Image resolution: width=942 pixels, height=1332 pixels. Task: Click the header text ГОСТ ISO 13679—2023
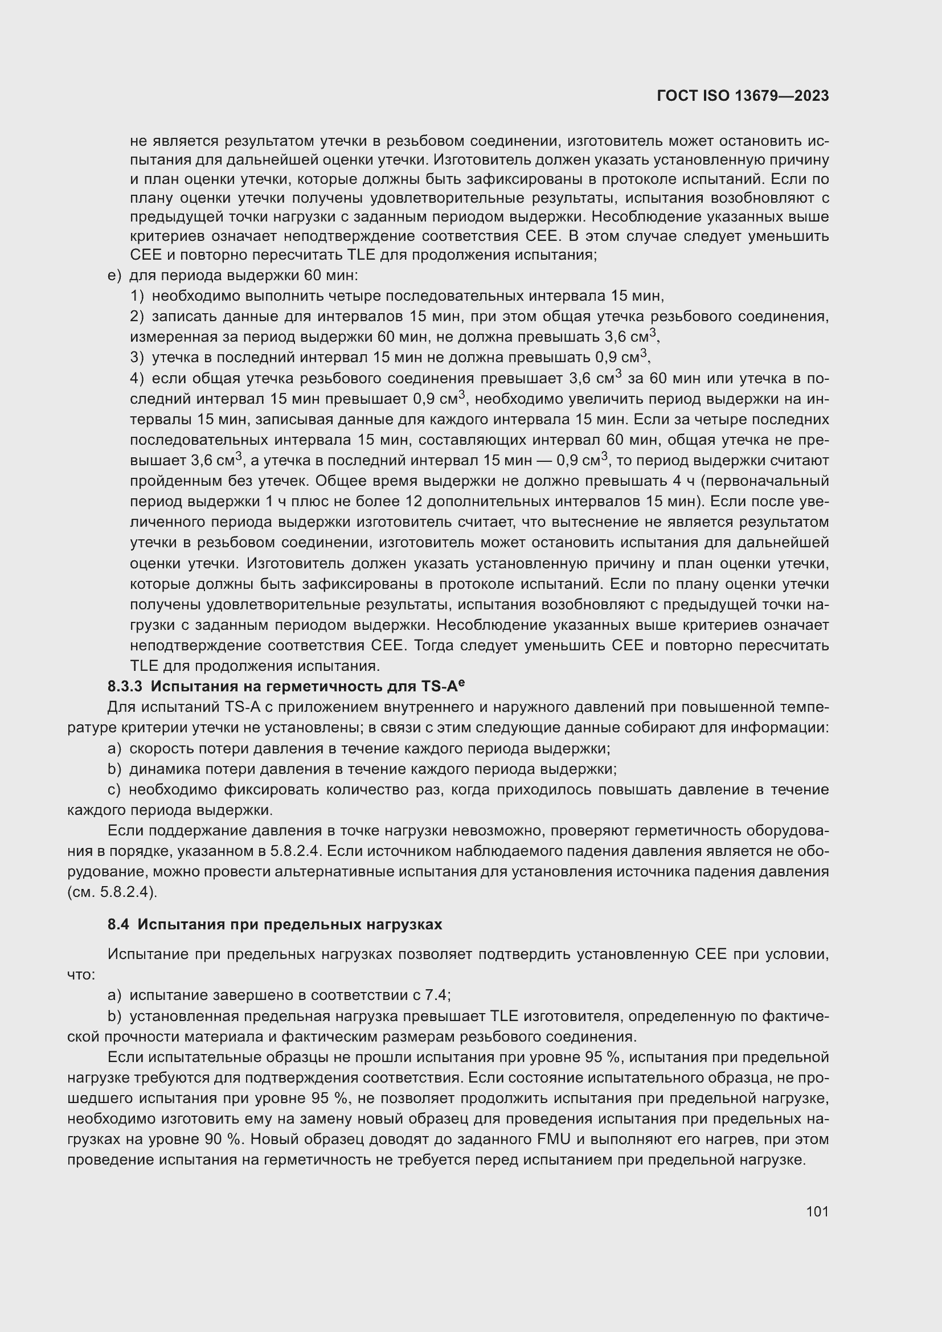743,96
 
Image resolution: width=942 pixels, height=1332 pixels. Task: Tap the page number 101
817,1211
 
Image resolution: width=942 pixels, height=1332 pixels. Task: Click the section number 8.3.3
125,687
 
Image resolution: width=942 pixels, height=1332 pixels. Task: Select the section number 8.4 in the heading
118,925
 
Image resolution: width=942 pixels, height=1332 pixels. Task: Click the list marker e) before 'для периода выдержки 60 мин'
114,276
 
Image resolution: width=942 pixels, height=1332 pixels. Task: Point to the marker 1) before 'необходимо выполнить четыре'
137,297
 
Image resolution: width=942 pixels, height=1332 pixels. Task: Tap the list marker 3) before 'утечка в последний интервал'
137,358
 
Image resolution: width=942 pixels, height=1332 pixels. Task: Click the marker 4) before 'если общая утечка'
137,379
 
